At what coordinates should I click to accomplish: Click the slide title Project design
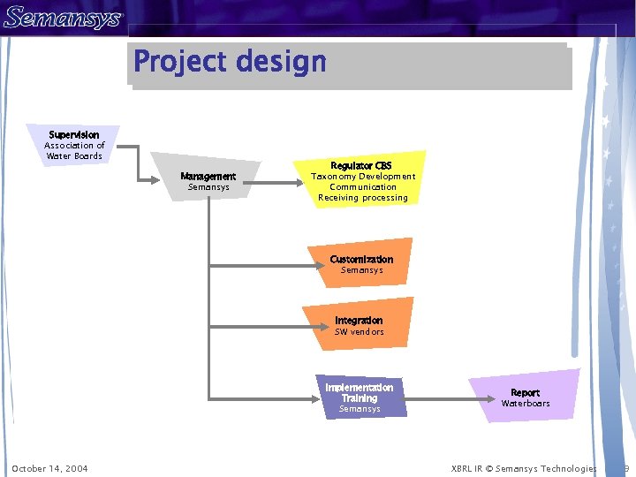(230, 63)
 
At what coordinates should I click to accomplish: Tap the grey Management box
(208, 180)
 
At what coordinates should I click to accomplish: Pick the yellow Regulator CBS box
(362, 180)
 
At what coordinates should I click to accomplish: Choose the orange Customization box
(361, 263)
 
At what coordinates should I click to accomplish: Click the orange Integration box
(359, 325)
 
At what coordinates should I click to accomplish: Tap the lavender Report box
(526, 397)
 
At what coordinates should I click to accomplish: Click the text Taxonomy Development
(363, 177)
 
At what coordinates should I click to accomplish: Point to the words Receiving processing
(363, 198)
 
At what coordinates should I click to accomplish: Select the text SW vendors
(360, 332)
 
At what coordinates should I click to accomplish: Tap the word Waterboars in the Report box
(526, 404)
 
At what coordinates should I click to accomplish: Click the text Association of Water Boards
(74, 151)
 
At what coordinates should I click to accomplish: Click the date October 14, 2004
(49, 468)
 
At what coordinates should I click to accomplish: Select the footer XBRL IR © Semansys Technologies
(524, 468)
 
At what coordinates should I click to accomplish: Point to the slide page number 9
(625, 468)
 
